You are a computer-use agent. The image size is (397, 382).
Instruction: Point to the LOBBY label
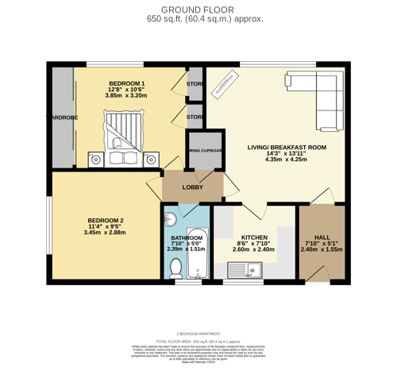(193, 187)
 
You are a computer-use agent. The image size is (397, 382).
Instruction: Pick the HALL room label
(322, 237)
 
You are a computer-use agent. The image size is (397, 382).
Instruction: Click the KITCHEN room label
(255, 237)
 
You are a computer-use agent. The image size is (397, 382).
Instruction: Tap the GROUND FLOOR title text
(194, 10)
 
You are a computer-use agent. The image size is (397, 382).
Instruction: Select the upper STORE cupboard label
(195, 83)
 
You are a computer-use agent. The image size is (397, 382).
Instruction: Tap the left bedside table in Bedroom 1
(95, 159)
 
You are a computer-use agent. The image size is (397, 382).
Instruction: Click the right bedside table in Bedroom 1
(150, 159)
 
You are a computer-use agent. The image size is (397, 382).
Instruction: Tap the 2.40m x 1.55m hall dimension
(322, 249)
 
